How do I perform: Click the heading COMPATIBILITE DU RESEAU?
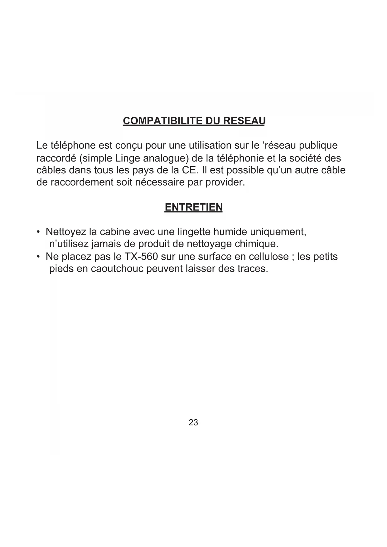click(194, 121)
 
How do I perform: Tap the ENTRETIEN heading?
click(193, 207)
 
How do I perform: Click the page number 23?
click(193, 423)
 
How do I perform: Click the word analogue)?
click(166, 158)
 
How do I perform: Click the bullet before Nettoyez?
click(38, 232)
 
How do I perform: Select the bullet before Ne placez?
click(38, 257)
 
